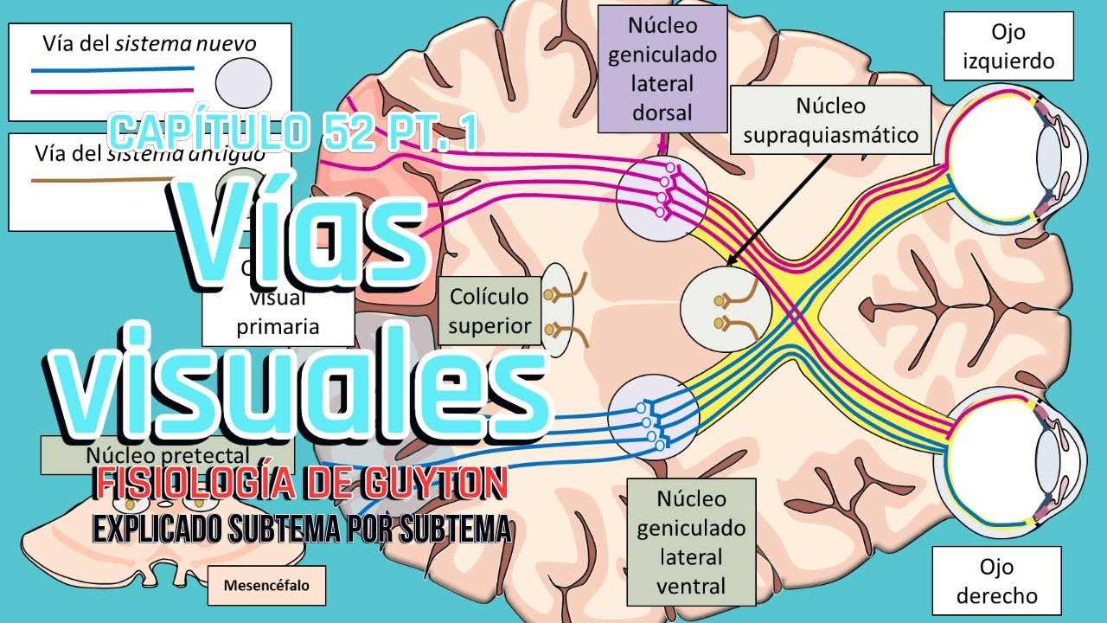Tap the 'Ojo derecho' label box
pyautogui.click(x=996, y=581)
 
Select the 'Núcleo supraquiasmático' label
pyautogui.click(x=830, y=119)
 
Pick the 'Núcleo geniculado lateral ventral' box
pyautogui.click(x=691, y=542)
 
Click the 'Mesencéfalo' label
pyautogui.click(x=258, y=584)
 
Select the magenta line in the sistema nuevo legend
pyautogui.click(x=112, y=90)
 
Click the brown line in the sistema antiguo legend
pyautogui.click(x=78, y=180)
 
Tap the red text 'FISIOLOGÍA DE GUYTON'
pyautogui.click(x=300, y=484)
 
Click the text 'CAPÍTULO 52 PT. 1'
pyautogui.click(x=294, y=132)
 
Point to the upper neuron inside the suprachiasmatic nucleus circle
pyautogui.click(x=720, y=301)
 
